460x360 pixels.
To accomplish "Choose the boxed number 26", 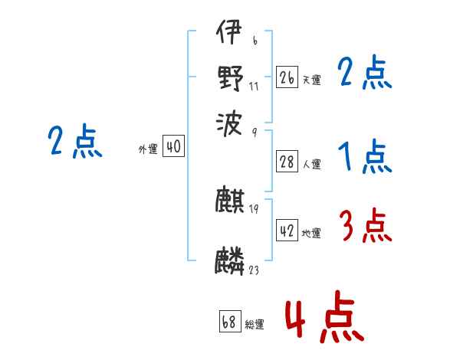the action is click(x=287, y=77).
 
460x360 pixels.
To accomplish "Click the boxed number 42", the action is click(x=287, y=231).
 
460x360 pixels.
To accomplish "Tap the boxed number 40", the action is click(x=173, y=147).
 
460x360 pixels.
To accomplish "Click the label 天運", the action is click(x=311, y=79).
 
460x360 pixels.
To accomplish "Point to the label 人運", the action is click(x=311, y=163).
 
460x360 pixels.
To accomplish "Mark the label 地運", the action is click(x=311, y=233).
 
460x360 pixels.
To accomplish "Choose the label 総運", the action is click(x=255, y=324).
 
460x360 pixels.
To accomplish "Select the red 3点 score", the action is click(x=364, y=226).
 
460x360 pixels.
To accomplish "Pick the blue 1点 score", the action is click(x=364, y=157).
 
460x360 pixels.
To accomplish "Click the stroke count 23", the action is click(x=254, y=270).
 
